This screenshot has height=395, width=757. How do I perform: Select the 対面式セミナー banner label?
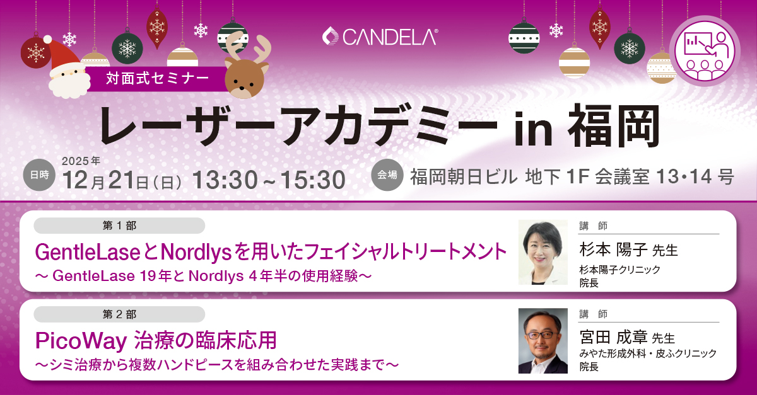coord(158,79)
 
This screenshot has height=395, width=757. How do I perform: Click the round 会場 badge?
coord(388,175)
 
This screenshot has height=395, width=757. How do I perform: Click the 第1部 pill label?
coord(119,226)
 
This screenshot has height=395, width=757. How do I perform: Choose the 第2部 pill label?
coord(119,314)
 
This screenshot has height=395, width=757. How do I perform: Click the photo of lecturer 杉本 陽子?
coord(543,252)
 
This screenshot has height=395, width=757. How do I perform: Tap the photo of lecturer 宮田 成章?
coord(543,341)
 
